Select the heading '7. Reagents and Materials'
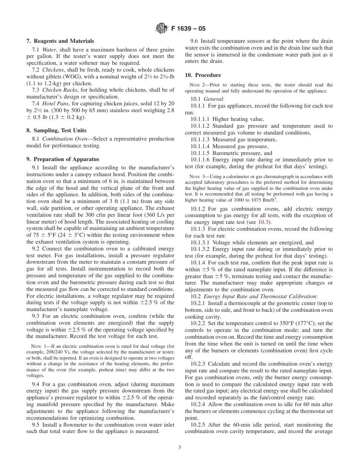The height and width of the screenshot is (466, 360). pyautogui.click(x=60, y=41)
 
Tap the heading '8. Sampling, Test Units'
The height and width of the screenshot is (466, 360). pyautogui.click(x=56, y=130)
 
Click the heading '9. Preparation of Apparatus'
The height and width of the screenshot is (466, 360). pyautogui.click(x=63, y=159)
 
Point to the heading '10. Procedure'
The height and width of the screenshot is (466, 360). pyautogui.click(x=203, y=75)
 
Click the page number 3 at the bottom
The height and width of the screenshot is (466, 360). pyautogui.click(x=180, y=447)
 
